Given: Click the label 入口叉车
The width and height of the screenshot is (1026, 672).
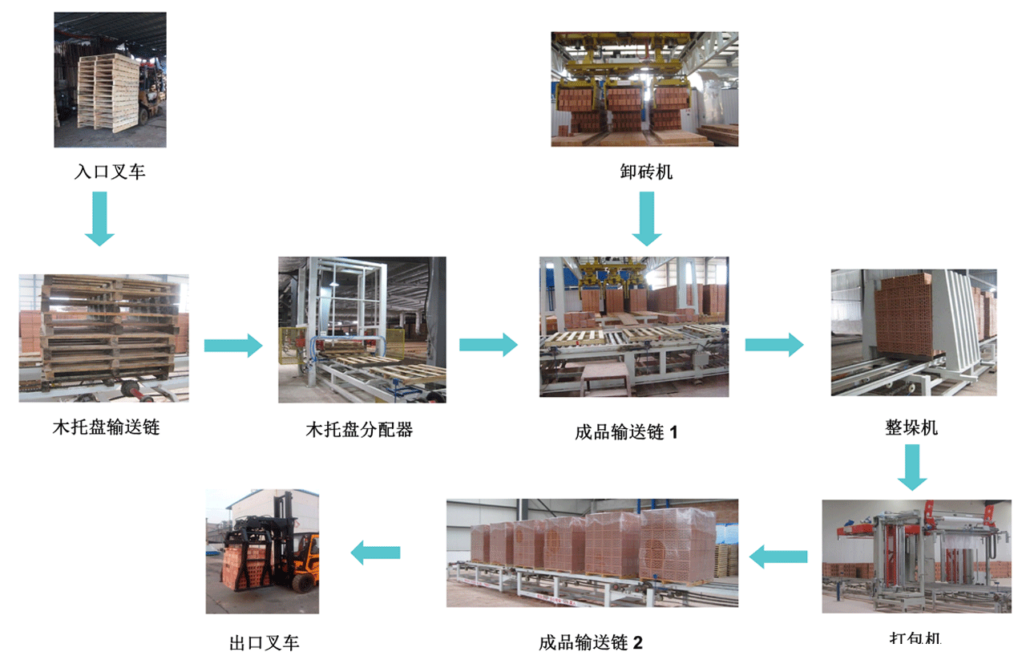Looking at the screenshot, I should tap(111, 172).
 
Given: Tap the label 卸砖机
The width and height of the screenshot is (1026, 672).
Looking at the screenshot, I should tap(647, 171).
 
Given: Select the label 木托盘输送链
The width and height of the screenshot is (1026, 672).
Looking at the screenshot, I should tap(107, 427).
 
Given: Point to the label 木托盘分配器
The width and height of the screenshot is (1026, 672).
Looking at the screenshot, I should tap(359, 429).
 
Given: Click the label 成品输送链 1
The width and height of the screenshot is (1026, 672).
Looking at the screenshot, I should tap(627, 433).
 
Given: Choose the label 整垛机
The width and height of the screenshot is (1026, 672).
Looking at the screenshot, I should tap(912, 427).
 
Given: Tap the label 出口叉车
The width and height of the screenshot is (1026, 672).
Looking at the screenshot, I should tap(264, 643).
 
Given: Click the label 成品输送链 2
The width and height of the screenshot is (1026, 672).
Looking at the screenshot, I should tap(591, 643).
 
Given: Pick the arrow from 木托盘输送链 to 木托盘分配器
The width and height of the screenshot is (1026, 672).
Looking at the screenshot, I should tap(233, 345).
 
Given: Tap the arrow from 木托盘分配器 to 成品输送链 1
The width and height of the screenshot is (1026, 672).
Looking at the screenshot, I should tap(488, 345).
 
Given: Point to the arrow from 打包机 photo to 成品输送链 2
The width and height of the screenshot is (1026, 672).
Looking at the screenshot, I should tap(778, 555).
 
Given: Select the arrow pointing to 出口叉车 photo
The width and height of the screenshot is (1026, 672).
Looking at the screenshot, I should tap(375, 552).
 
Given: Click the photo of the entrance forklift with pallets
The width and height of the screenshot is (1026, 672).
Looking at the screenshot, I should tap(111, 79).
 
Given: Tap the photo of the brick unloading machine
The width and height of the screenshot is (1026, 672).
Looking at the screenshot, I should tap(644, 89).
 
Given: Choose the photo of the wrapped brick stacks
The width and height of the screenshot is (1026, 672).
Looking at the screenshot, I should tap(592, 553).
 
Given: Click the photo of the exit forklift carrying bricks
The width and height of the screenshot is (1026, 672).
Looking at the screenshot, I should tap(263, 551).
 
